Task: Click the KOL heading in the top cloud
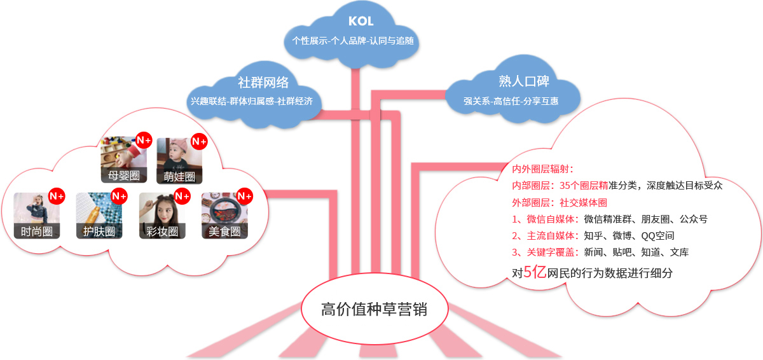361,21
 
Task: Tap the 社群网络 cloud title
263,83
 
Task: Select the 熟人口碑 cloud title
524,81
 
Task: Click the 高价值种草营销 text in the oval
374,309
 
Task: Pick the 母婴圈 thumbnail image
124,160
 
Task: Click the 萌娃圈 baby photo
179,161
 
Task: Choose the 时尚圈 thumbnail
37,216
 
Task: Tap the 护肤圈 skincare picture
99,216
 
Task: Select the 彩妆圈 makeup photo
162,216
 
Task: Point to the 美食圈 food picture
225,216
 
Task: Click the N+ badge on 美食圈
245,196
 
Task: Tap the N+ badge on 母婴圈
144,141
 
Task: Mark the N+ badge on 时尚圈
57,196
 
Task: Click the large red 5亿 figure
535,272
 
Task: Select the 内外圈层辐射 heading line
543,169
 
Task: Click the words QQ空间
657,236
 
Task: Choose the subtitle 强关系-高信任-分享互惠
511,101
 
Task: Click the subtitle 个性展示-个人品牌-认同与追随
353,41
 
